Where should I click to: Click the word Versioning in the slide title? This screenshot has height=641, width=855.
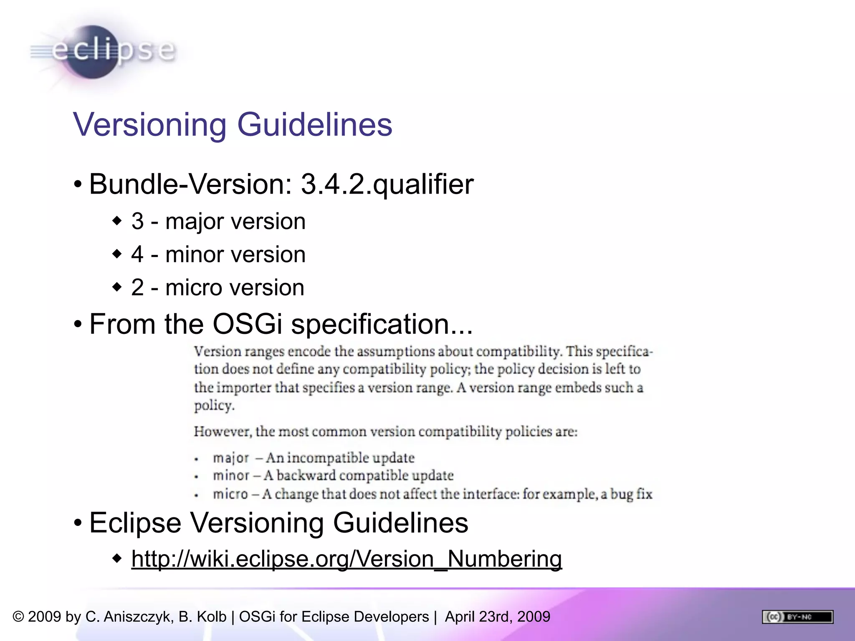click(x=149, y=124)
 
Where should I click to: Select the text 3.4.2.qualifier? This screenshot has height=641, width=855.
click(x=387, y=184)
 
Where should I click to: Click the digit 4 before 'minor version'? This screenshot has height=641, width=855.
click(x=137, y=254)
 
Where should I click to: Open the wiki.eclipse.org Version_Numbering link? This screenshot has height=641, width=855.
click(x=347, y=559)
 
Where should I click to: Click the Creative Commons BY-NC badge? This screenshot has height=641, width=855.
click(x=797, y=617)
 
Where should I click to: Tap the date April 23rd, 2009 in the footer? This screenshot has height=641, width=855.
click(x=498, y=617)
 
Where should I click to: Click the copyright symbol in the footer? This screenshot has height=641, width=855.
click(x=18, y=617)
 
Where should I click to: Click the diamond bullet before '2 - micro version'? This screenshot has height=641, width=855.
click(x=117, y=287)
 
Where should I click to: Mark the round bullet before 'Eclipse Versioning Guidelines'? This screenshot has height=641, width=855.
click(x=78, y=523)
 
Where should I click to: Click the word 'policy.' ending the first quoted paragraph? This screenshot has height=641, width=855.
click(x=214, y=406)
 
